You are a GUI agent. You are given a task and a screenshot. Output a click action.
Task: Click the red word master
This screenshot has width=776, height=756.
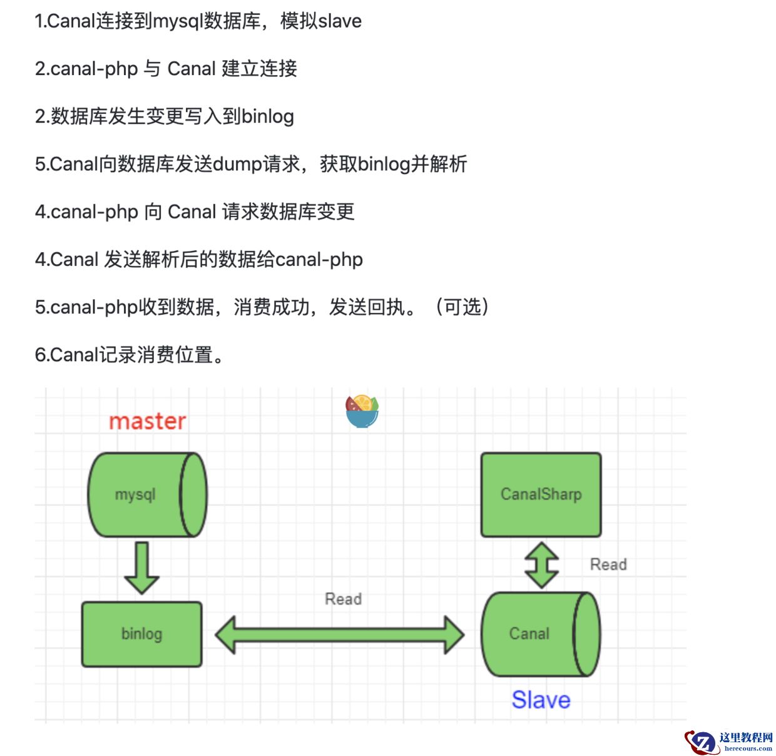(x=148, y=421)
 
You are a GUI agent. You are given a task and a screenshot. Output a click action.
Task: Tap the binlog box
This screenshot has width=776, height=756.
(x=142, y=634)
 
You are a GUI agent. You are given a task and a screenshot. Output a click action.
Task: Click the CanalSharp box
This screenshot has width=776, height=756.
(x=541, y=494)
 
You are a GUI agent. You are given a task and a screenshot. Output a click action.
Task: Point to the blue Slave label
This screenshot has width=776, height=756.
(x=541, y=700)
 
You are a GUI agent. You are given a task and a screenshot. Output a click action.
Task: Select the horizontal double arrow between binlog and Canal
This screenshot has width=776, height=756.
(x=339, y=635)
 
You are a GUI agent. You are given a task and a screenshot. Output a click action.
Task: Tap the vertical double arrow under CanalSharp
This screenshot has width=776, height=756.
(x=541, y=565)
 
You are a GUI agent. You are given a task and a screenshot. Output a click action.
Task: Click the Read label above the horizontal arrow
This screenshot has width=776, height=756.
(x=343, y=599)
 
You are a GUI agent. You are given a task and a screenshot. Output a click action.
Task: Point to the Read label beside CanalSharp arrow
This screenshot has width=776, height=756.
(x=608, y=564)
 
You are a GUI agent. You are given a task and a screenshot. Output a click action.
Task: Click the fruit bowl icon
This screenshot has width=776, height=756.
(x=362, y=411)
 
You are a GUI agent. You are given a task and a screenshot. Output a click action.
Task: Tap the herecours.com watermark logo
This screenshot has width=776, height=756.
(x=729, y=742)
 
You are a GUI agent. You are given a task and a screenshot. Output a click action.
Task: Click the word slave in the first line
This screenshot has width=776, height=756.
(x=340, y=21)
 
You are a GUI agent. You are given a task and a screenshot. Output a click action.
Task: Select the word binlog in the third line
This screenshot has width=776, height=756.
(x=267, y=116)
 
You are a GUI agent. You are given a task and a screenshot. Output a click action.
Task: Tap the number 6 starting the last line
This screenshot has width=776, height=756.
(x=39, y=355)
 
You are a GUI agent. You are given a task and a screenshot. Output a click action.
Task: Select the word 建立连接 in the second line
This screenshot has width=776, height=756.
(x=259, y=69)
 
